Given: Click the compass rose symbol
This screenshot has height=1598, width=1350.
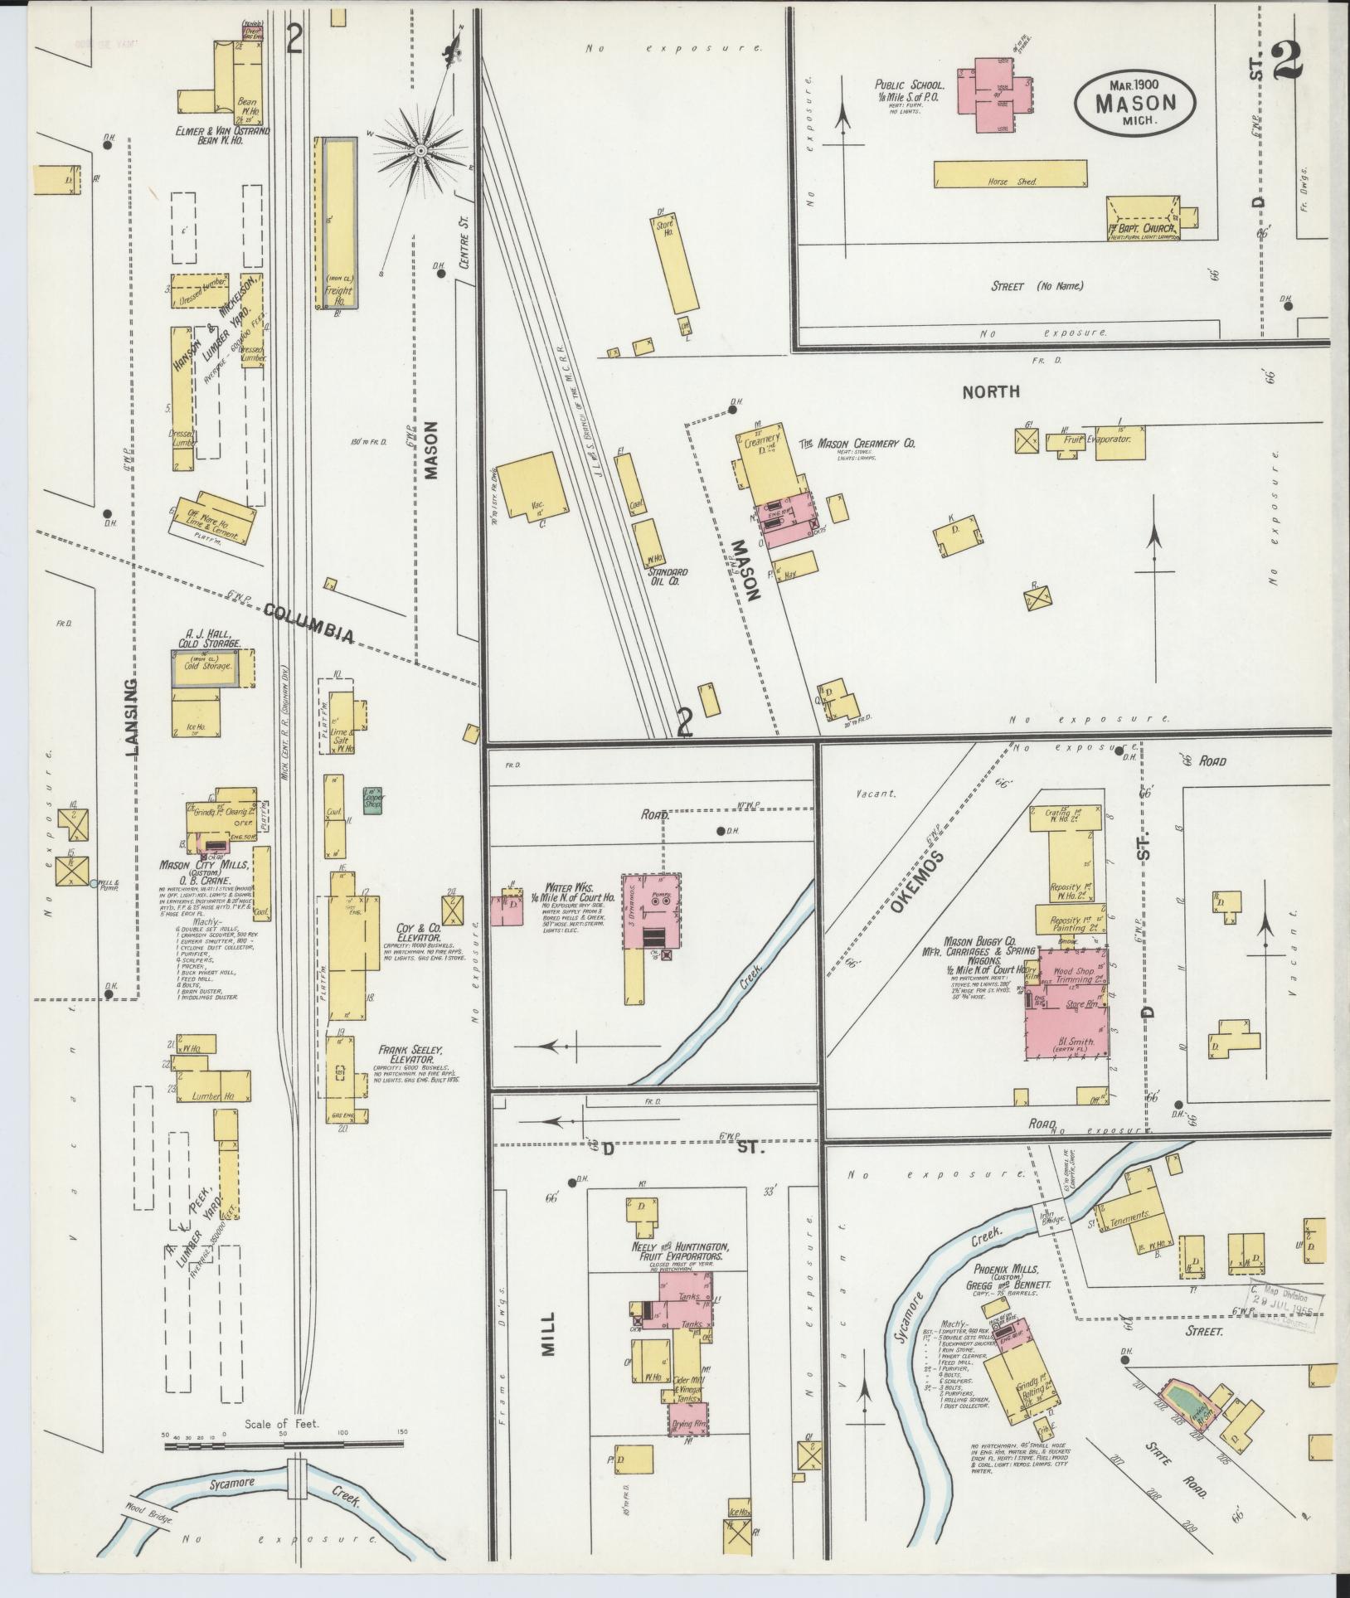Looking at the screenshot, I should click(420, 151).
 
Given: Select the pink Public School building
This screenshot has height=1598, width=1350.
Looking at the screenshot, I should click(995, 94).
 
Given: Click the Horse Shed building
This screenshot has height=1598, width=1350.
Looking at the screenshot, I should click(1009, 172).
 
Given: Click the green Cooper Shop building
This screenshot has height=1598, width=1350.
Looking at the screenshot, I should click(372, 799).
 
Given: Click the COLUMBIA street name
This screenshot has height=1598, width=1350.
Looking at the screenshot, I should click(309, 623).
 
